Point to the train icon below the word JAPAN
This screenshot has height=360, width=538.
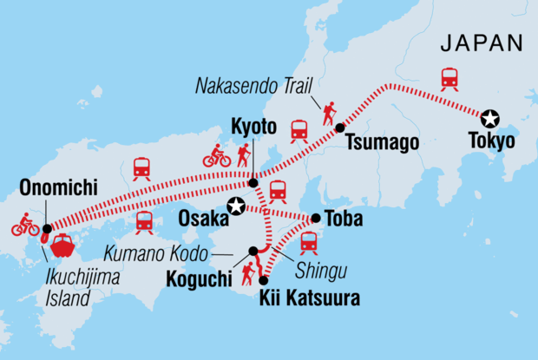pos(449,78)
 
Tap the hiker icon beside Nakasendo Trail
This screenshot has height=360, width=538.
pos(329,113)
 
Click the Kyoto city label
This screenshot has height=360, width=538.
pos(252,126)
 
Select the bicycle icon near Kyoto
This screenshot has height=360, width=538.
pos(217,158)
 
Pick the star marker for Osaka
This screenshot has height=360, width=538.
pos(235,206)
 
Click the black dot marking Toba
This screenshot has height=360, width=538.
pos(315,219)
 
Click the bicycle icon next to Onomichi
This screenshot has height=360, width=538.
pos(25,225)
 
